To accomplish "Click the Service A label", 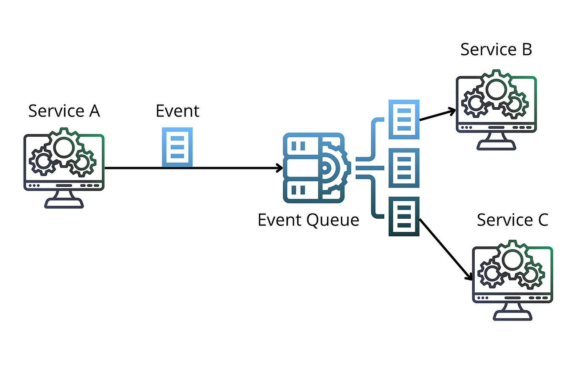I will coord(64,111).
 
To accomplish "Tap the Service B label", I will coord(496,50).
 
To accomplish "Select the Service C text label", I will coord(512,220).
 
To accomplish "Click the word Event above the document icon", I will coord(177,111).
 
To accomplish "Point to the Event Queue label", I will coord(308,220).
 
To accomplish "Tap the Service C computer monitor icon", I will coord(512,280).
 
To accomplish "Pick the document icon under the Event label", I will coord(177,147).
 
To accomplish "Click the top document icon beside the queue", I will coord(404,119).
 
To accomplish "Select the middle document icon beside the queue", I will coord(404,168).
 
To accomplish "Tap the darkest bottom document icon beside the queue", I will coord(404,216).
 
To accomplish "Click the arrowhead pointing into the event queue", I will coord(280,168).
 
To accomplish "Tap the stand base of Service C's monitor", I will coord(512,316).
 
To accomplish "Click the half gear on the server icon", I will coord(336,168).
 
